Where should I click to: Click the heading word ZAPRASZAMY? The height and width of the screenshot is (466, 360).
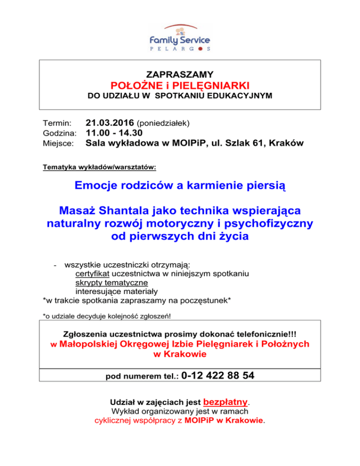(x=180, y=75)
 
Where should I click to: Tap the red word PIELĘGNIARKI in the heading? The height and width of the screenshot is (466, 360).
(x=210, y=86)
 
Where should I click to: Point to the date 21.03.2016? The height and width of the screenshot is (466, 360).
(x=109, y=123)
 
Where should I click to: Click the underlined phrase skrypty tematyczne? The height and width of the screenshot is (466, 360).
(x=112, y=283)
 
